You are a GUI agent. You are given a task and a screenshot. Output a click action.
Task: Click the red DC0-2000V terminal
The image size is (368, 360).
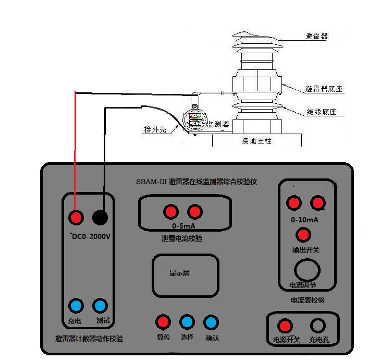point(77,217)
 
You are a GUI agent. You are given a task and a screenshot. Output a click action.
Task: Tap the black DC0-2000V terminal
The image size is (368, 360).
point(100,217)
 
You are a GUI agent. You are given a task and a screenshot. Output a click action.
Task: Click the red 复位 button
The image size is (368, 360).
point(163,321)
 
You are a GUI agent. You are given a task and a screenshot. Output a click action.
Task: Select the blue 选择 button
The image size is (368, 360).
point(187,321)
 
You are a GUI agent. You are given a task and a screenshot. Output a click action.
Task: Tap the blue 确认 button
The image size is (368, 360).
point(211,321)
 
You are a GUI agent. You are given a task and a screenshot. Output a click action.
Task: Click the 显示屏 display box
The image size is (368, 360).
point(185,275)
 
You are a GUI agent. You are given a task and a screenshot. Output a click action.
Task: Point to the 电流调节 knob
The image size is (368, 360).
point(306,271)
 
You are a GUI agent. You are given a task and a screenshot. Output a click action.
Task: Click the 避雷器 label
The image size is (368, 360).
point(317,37)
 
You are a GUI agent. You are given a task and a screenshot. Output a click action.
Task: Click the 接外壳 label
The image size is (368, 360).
point(155,129)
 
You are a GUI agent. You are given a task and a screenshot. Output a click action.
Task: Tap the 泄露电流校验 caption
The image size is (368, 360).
point(182,238)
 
